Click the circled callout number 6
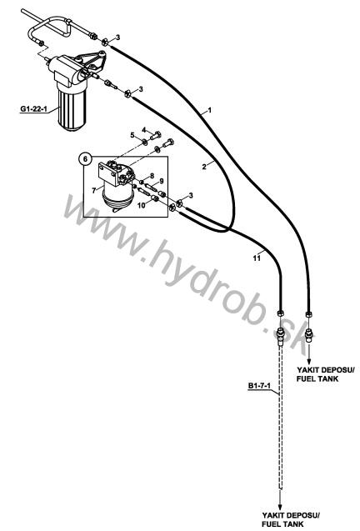86,158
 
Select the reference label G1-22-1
32,108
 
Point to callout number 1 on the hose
210,110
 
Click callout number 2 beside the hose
204,166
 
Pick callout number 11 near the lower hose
257,258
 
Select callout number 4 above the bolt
143,130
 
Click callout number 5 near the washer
132,135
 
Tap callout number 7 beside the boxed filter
94,191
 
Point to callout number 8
152,176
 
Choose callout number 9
162,181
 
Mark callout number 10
142,205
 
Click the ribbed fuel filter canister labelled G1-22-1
72,108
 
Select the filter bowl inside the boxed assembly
117,196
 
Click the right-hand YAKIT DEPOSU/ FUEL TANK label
326,373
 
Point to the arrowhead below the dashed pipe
280,508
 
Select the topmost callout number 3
117,38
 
